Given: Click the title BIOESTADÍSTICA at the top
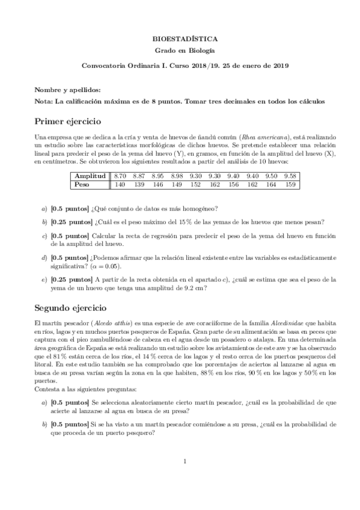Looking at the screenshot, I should click(180, 37).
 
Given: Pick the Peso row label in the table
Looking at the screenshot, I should click(81, 185).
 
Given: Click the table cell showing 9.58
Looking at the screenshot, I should click(290, 175).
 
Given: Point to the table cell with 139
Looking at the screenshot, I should click(139, 185).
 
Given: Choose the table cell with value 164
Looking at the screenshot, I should click(272, 185).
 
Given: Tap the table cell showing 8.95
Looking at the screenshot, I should click(158, 175).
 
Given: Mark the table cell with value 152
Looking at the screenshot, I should click(196, 185).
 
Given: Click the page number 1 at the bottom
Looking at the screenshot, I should click(186, 461).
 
